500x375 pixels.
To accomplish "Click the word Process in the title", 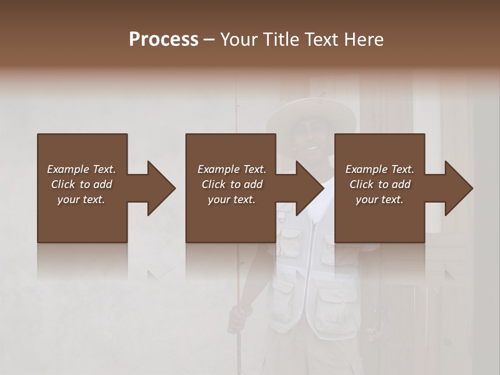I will (x=164, y=40).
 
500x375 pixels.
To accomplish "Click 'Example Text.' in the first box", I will (x=81, y=169).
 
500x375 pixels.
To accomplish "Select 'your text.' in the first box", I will (x=81, y=199).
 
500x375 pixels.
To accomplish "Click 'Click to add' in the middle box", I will (x=232, y=184).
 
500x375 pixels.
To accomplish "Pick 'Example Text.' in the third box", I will (x=380, y=169).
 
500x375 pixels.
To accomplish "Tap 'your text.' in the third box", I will (x=380, y=199).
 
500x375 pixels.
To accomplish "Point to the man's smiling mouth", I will (x=311, y=147).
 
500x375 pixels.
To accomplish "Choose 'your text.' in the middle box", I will (x=232, y=199).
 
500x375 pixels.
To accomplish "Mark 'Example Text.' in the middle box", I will (x=232, y=169).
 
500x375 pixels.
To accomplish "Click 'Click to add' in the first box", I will (x=81, y=184).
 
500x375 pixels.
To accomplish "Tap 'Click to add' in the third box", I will (x=380, y=184).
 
